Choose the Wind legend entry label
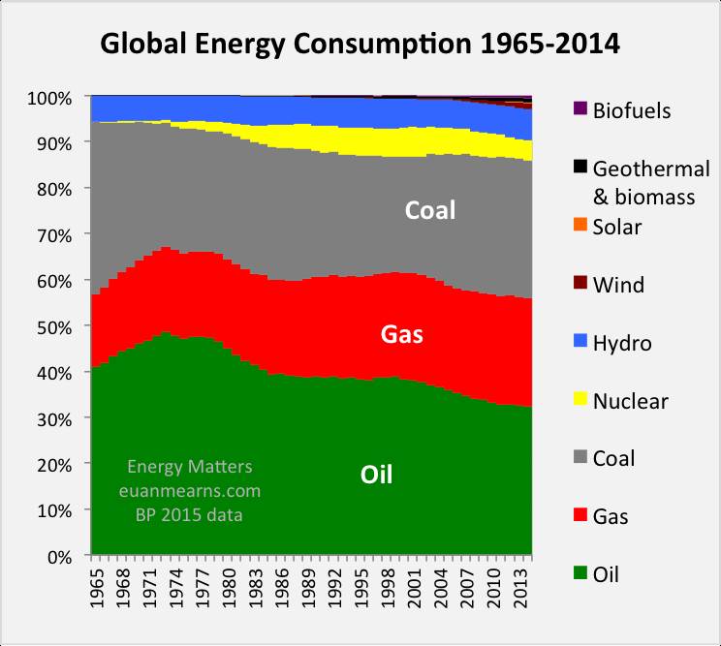[x=618, y=285]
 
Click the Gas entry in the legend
[x=611, y=516]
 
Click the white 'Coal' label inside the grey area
[x=429, y=210]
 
